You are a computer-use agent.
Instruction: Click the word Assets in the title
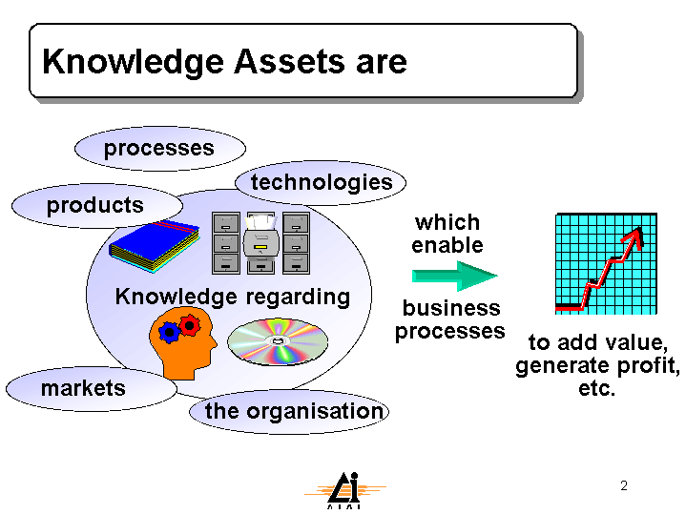(x=288, y=61)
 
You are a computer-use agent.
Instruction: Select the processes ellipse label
(x=160, y=149)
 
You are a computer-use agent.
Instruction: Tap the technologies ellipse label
(x=321, y=183)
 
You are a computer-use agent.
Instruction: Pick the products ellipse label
(x=97, y=206)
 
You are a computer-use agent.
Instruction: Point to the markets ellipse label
(x=92, y=389)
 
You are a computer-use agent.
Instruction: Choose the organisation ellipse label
(x=289, y=412)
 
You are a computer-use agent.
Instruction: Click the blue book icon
(x=154, y=247)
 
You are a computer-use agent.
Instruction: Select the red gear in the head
(x=190, y=325)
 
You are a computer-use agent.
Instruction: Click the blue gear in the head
(x=169, y=333)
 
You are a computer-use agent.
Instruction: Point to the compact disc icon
(x=278, y=341)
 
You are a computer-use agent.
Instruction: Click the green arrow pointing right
(x=455, y=276)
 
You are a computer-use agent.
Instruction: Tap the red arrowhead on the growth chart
(x=634, y=237)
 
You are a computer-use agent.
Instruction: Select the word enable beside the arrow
(x=447, y=245)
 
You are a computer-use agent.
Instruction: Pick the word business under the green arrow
(x=451, y=308)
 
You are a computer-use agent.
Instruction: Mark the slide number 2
(x=624, y=485)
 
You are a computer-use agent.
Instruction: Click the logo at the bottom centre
(x=344, y=490)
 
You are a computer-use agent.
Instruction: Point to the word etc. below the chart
(x=596, y=389)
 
